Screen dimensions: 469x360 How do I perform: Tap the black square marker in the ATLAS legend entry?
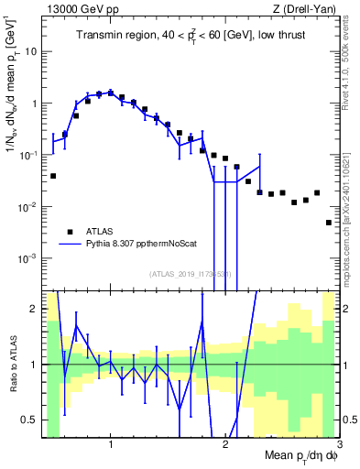pyautogui.click(x=69, y=232)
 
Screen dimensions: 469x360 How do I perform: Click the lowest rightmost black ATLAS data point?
pyautogui.click(x=329, y=223)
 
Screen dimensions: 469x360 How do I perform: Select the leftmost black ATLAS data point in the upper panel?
pyautogui.click(x=53, y=176)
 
